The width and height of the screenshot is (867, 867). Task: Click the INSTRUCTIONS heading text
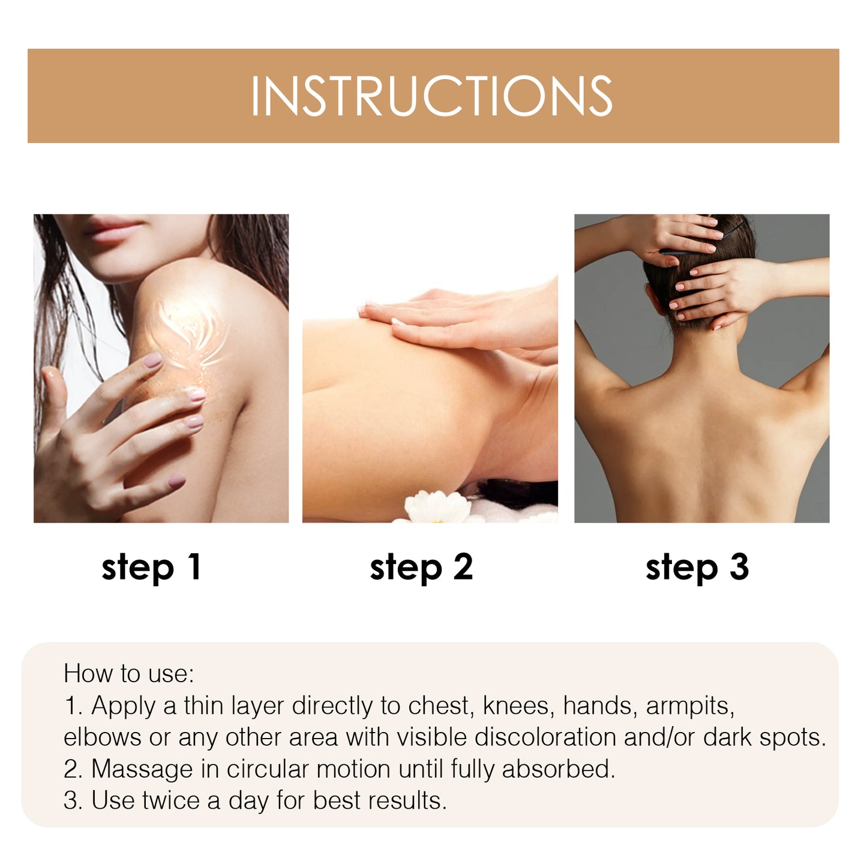[432, 96]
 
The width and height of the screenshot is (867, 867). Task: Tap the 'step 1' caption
[151, 567]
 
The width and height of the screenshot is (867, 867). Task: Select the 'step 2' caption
[421, 567]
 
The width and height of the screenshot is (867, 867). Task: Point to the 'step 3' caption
[697, 567]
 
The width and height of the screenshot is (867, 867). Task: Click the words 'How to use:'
[129, 674]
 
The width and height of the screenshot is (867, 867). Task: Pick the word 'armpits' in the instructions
[690, 706]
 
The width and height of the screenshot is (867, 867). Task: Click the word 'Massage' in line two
[142, 769]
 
